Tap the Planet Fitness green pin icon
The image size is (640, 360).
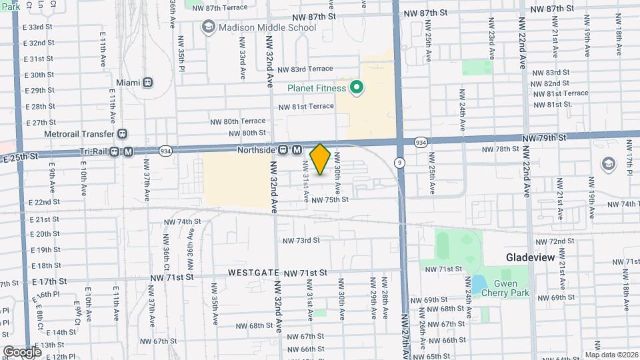pyautogui.click(x=357, y=87)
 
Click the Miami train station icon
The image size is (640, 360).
pyautogui.click(x=147, y=82)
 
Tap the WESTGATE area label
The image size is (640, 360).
pyautogui.click(x=253, y=273)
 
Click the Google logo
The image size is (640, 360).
pyautogui.click(x=22, y=351)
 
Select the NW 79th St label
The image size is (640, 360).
pyautogui.click(x=544, y=137)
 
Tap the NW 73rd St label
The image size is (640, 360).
pyautogui.click(x=301, y=240)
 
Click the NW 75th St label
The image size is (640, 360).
pyautogui.click(x=329, y=199)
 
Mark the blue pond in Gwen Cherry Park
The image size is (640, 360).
pyautogui.click(x=478, y=283)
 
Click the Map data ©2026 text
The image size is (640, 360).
pyautogui.click(x=611, y=355)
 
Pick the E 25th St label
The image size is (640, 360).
pyautogui.click(x=20, y=156)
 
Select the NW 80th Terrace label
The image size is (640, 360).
pyautogui.click(x=244, y=121)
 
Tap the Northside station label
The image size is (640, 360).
pyautogui.click(x=257, y=150)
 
